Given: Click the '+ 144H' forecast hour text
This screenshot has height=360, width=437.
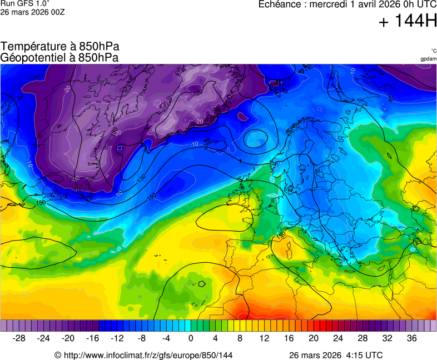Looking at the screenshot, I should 407,22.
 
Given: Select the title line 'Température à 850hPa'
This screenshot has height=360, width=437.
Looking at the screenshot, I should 60,46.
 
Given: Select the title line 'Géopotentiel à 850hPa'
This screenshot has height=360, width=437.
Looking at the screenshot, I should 59,57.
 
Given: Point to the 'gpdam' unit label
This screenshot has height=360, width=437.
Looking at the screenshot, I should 428,58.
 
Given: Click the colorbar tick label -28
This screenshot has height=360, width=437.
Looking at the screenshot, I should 19,338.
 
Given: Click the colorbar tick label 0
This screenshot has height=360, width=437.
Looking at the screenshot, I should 191,338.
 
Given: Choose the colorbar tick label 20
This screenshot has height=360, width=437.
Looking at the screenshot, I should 313,338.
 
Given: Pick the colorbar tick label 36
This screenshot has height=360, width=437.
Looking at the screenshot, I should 411,338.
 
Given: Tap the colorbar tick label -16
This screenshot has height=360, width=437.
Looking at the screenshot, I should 92,338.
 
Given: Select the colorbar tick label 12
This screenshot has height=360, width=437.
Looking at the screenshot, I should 264,338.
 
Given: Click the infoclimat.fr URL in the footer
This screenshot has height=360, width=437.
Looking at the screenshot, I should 143,355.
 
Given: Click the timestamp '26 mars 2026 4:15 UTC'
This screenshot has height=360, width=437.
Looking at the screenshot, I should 335,355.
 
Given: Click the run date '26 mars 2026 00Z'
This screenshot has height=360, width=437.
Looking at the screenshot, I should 32,12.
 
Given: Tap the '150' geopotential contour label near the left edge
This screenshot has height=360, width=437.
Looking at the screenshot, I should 41,203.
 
